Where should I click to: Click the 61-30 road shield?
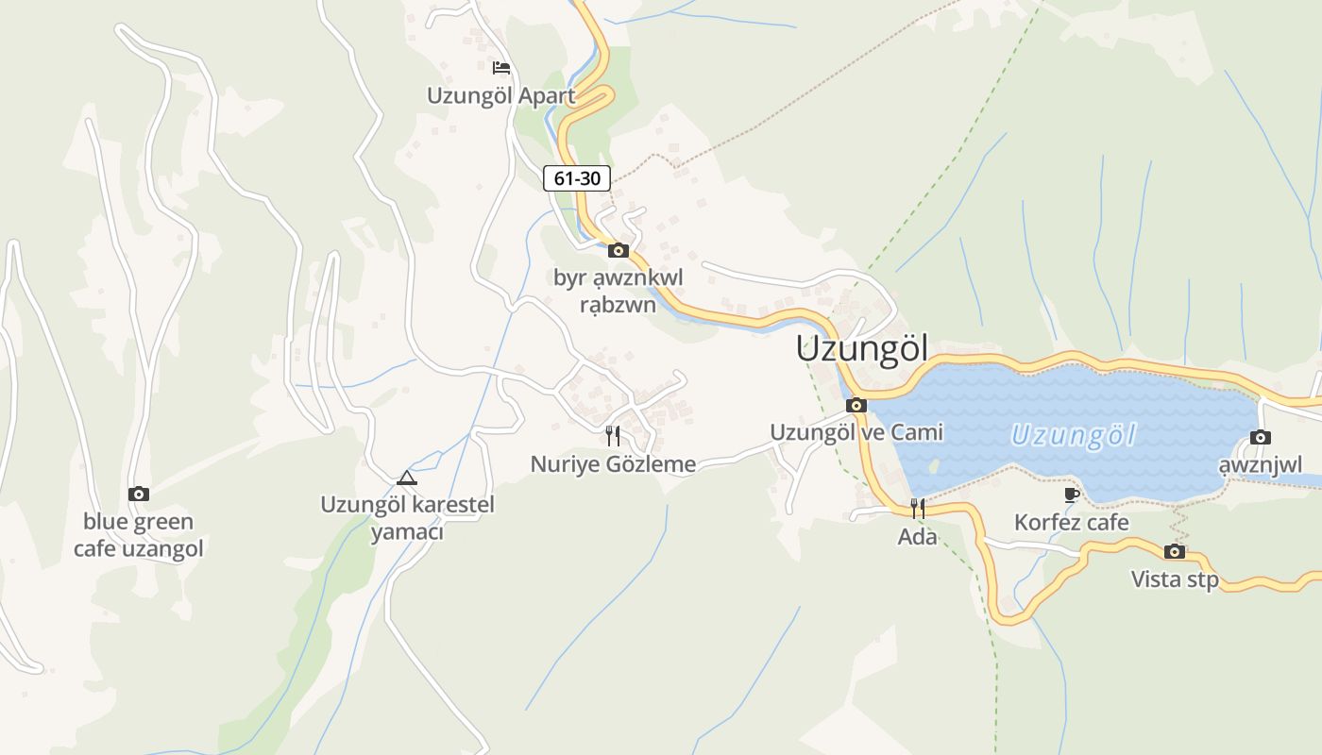click(x=577, y=177)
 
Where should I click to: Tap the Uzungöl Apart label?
click(x=500, y=95)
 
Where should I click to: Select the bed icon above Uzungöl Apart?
click(x=500, y=67)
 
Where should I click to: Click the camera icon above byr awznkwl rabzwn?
click(x=619, y=250)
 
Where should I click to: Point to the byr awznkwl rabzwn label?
click(x=618, y=291)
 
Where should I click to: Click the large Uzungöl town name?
click(x=861, y=348)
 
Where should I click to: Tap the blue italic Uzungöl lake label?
click(x=1073, y=435)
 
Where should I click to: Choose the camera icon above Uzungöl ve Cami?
click(x=856, y=405)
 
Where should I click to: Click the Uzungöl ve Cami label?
click(x=856, y=432)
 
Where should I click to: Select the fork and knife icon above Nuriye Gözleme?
click(x=613, y=435)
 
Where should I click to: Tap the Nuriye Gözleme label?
click(x=613, y=463)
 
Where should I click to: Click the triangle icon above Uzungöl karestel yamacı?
click(x=407, y=478)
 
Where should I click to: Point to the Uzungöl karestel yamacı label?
click(x=407, y=517)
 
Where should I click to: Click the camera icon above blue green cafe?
click(x=138, y=494)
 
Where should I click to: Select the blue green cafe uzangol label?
click(x=138, y=534)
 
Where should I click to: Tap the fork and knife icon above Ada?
click(x=917, y=509)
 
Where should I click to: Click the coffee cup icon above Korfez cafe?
click(x=1071, y=495)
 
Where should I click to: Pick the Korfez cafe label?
click(x=1071, y=522)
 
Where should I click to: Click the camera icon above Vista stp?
click(x=1175, y=551)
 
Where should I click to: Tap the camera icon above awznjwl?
click(x=1260, y=437)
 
